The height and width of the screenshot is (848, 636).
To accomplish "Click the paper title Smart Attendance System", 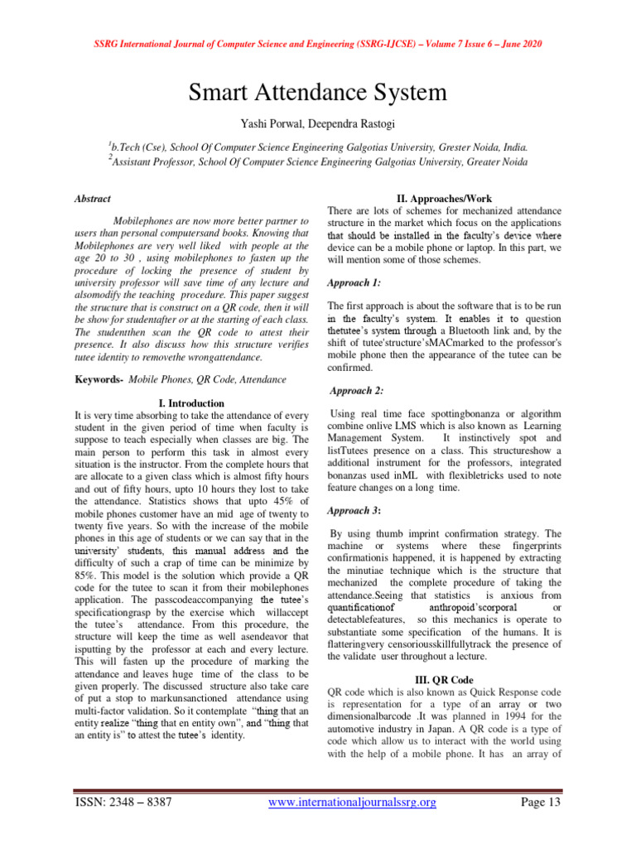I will point(318,91).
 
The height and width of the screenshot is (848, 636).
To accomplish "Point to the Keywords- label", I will point(99,379).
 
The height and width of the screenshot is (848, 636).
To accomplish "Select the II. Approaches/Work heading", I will point(445,198).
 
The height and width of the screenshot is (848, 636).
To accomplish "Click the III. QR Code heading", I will point(445,680).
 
